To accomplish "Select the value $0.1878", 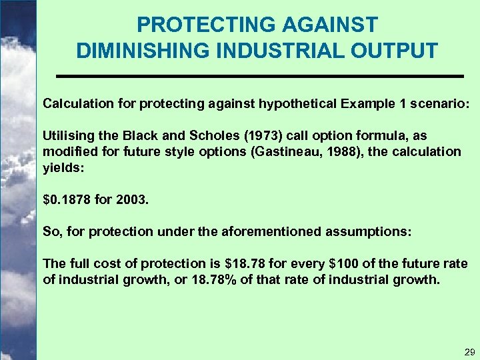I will pyautogui.click(x=67, y=199).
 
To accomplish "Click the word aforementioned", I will pyautogui.click(x=273, y=232).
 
